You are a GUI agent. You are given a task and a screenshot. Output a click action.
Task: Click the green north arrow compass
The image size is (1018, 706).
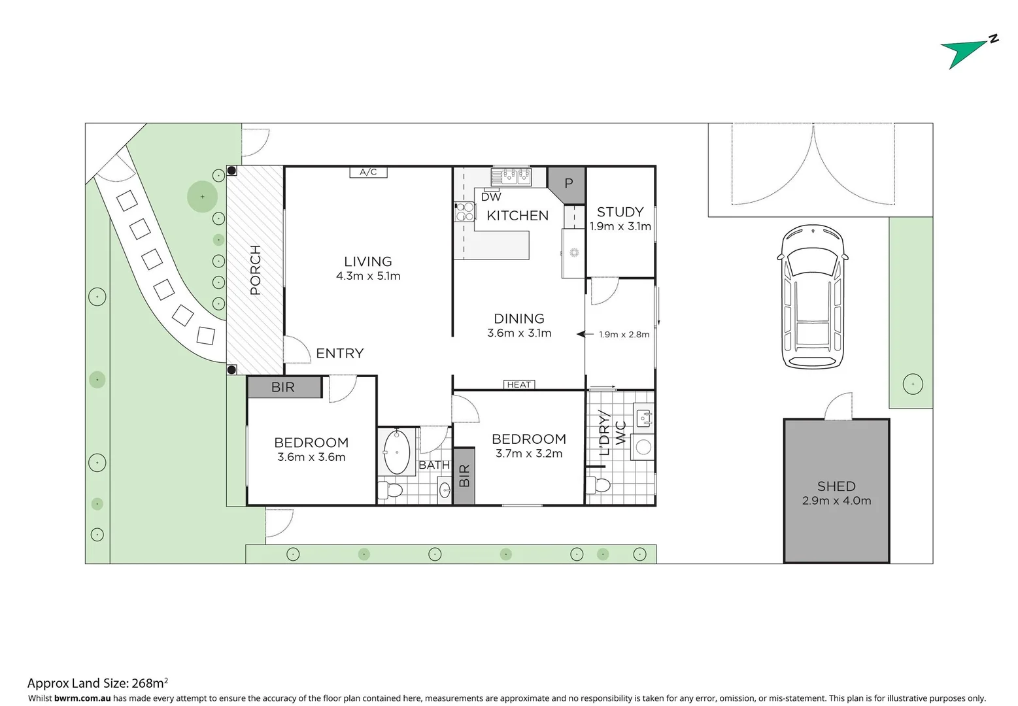pos(966,52)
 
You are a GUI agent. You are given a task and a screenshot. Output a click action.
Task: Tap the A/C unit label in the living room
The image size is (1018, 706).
pos(368,172)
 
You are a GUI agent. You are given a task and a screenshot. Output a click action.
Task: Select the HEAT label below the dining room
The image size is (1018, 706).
pos(519,384)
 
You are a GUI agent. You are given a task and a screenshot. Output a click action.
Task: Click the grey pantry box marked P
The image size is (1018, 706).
pos(568,183)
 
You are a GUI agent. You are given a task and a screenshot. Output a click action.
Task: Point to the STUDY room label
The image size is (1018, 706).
pos(620,212)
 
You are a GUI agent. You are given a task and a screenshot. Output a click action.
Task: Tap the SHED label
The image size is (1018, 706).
pos(836,486)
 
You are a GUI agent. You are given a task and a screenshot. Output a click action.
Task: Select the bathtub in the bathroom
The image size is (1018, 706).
pos(396,452)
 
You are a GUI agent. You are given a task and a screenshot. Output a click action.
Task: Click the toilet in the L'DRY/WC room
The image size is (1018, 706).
pos(598,485)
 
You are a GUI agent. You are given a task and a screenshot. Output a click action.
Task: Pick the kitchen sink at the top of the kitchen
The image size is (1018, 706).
pos(512,175)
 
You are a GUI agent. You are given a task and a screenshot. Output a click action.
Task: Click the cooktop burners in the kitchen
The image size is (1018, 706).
pos(464,212)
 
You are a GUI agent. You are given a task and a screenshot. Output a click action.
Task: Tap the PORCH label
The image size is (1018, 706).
pos(256,270)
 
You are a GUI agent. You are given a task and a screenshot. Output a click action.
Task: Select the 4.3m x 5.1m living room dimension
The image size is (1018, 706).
pos(368,276)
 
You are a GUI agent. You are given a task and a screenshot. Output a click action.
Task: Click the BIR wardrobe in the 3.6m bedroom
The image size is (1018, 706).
pos(284,387)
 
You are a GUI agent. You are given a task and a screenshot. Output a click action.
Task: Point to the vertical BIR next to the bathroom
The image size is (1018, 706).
pos(464,475)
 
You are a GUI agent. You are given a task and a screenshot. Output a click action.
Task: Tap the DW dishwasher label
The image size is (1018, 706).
pos(491,197)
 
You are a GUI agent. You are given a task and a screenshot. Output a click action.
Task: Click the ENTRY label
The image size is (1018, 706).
pos(339,354)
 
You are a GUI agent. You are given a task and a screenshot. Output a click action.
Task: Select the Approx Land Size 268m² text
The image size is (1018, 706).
pos(97,683)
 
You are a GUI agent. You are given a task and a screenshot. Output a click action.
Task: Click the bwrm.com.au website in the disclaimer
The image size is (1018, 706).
pos(82,698)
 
